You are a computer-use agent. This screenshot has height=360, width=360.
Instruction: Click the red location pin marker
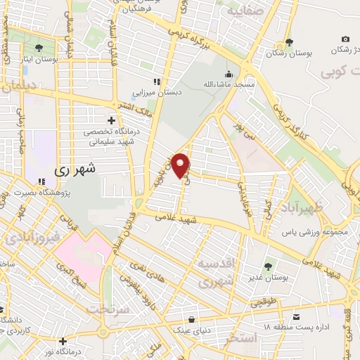coord(181,166)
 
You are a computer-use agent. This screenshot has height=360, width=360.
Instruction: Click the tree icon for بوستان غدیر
coord(268,266)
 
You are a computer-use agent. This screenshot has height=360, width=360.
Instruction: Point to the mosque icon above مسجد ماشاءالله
coord(228,74)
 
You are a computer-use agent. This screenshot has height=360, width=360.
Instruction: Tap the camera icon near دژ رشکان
coord(345,39)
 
